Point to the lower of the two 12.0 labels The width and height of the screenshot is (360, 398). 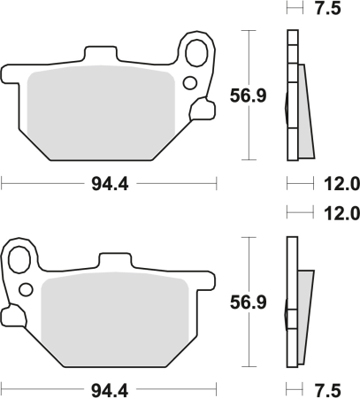(340, 212)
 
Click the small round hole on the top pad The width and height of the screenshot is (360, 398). (188, 83)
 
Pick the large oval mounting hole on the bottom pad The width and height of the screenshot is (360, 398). (19, 258)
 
